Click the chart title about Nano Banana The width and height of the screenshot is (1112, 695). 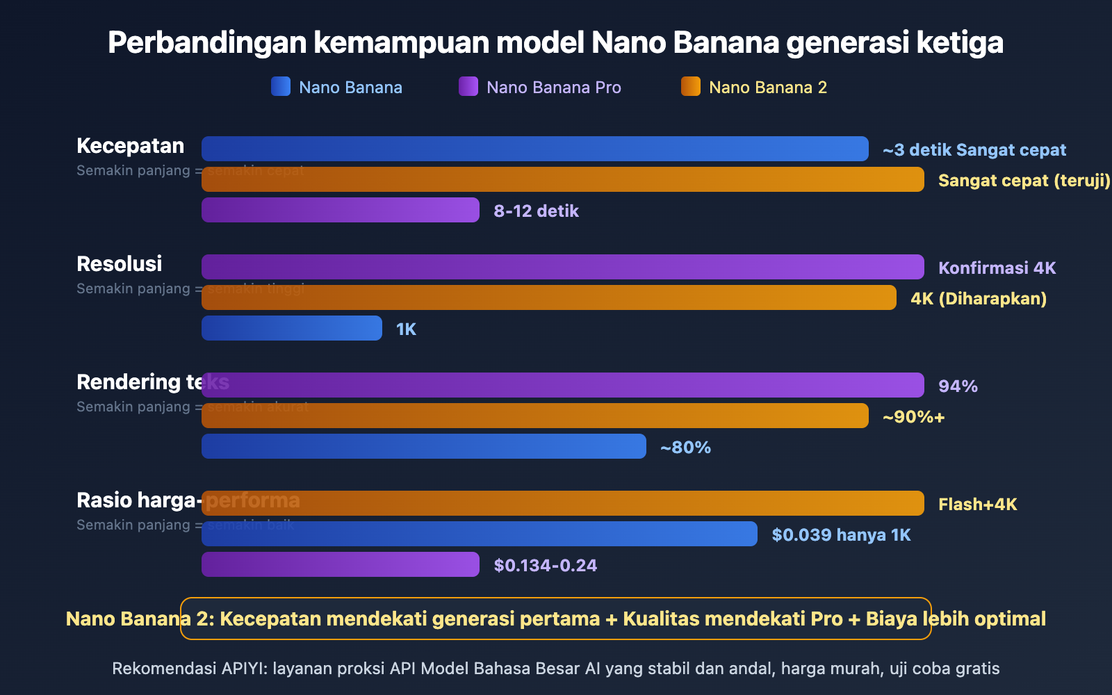[555, 42]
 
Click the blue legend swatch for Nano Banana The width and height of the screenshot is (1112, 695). [281, 86]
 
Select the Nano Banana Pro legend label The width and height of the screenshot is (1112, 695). [553, 88]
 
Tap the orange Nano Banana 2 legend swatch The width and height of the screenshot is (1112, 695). [691, 86]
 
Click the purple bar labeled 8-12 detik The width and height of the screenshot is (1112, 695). [341, 210]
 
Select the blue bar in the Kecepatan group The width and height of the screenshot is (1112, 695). [535, 149]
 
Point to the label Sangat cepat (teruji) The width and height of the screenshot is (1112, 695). [1024, 181]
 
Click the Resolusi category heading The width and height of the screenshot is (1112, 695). [119, 264]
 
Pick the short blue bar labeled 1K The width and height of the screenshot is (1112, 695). [292, 328]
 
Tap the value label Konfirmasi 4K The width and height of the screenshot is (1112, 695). [997, 268]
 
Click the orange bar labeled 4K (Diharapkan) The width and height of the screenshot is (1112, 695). [549, 297]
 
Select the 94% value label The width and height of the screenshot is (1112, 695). [958, 386]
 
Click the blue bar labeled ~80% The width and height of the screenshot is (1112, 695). [424, 446]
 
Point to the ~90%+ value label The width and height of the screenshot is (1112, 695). [913, 417]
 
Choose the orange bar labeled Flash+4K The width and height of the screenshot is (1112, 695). [563, 503]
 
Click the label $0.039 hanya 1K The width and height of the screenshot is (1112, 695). [841, 535]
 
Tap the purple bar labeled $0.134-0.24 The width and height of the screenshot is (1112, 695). [341, 564]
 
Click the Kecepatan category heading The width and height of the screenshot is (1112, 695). [130, 146]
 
